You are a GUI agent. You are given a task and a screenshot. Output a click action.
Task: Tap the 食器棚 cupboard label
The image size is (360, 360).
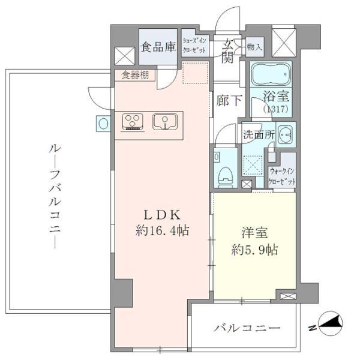point(134,75)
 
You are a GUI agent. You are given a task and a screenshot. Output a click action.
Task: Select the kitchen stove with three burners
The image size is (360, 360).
point(133,122)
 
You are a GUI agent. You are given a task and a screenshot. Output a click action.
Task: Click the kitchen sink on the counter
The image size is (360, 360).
point(163,122)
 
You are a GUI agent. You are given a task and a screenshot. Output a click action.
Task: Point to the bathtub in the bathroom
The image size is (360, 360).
point(270,75)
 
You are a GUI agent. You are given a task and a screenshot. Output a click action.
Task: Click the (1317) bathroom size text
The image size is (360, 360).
point(277,109)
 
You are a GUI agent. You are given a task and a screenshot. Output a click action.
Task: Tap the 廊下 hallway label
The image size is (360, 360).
point(229,101)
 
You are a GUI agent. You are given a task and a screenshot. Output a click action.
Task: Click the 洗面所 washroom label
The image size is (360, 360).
point(258,135)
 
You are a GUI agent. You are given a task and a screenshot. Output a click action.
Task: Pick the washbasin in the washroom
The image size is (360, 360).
point(284,134)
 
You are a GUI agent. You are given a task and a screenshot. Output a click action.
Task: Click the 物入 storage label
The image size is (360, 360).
point(254,46)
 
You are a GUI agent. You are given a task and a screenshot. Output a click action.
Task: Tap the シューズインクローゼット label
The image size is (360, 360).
point(195,46)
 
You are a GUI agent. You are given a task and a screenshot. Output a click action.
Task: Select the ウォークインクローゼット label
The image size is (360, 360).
point(283,176)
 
